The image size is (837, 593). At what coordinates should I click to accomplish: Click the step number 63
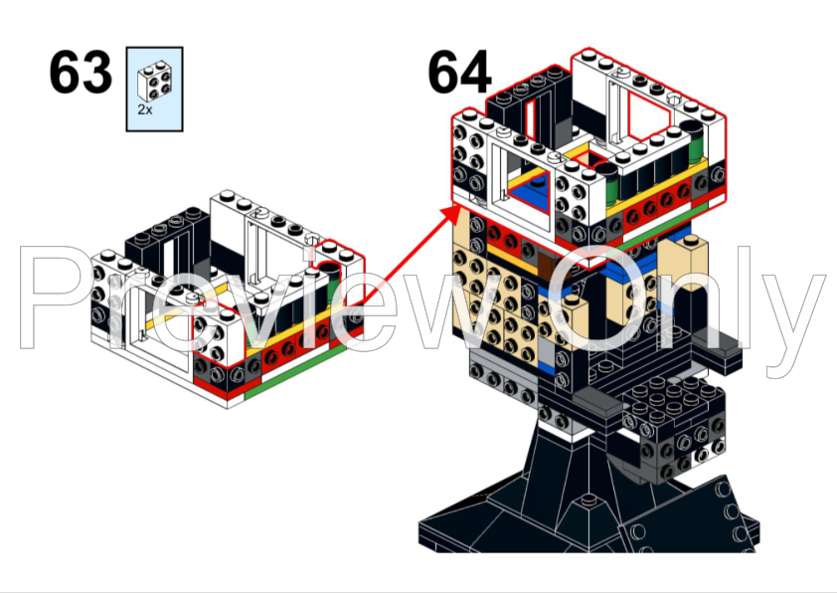coord(81,73)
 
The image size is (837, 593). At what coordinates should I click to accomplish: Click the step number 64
coord(459,72)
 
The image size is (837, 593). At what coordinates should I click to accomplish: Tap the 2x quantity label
coord(145,109)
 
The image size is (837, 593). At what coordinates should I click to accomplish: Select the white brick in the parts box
coord(155,82)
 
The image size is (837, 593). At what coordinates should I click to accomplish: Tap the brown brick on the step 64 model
coord(548,266)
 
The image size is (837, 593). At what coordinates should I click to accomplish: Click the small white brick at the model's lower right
coord(709,455)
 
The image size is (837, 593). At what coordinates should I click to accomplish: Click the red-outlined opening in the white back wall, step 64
coord(648,116)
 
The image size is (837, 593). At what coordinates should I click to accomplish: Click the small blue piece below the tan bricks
coord(546,367)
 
